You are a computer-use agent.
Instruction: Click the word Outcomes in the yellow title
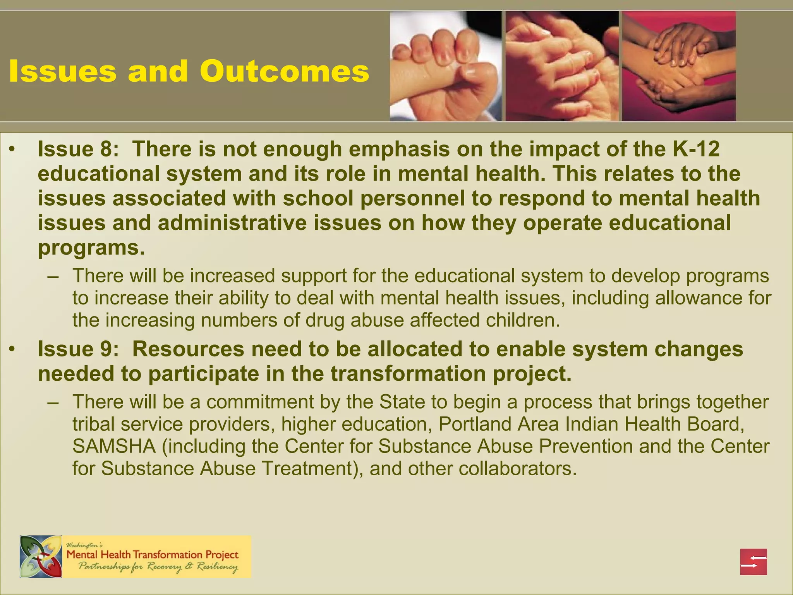(285, 72)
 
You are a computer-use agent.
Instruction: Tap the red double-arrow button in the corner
(753, 562)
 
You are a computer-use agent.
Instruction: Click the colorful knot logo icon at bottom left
(41, 557)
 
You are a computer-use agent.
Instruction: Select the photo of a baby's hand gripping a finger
(445, 66)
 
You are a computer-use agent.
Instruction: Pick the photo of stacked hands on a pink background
(678, 66)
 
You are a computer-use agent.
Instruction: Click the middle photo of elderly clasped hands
(562, 66)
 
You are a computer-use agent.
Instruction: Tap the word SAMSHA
(114, 446)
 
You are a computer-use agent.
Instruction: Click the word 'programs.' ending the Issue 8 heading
(91, 248)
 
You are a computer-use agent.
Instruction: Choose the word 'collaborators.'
(515, 469)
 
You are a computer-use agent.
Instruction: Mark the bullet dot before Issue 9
(12, 350)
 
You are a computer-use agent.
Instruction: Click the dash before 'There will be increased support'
(53, 276)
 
